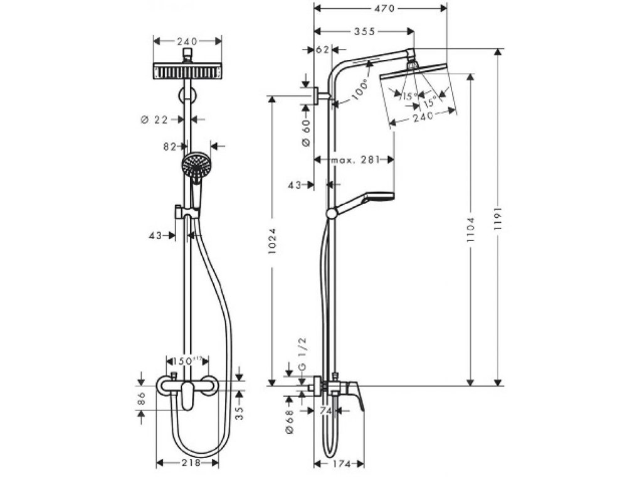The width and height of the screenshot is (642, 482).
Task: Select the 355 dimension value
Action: pyautogui.click(x=365, y=31)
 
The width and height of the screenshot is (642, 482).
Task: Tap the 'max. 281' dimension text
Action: pyautogui.click(x=355, y=160)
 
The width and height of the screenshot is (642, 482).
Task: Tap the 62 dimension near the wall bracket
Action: pyautogui.click(x=323, y=50)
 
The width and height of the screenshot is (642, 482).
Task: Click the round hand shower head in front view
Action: pyautogui.click(x=196, y=165)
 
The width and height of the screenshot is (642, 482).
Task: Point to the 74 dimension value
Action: pyautogui.click(x=325, y=411)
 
